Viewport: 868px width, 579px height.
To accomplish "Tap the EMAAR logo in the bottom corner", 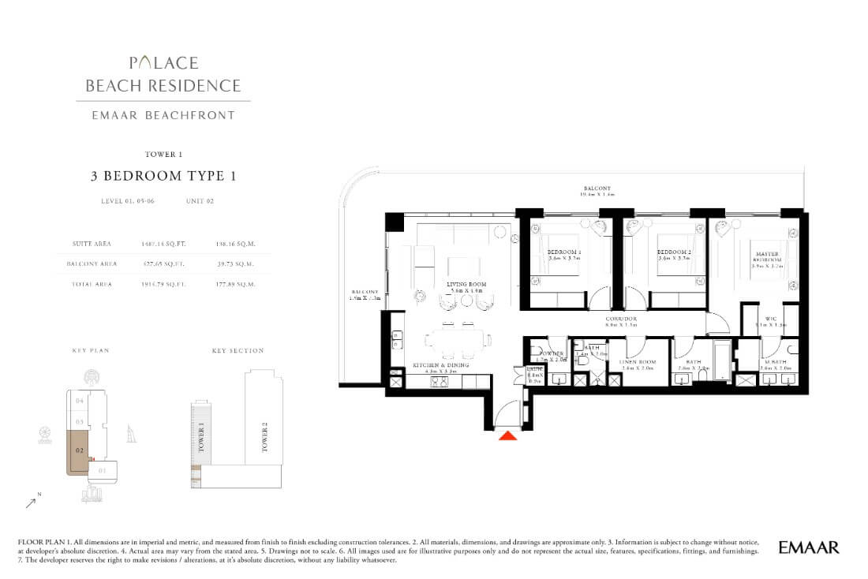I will [808, 547].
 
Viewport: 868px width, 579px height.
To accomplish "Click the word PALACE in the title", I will [164, 63].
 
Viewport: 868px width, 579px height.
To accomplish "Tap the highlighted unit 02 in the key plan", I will [80, 450].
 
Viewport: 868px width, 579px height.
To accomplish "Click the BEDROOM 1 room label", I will [564, 252].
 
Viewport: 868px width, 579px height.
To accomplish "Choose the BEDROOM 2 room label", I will [674, 252].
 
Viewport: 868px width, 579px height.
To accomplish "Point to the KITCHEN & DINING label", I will [441, 365].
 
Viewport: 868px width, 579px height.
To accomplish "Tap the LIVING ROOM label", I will [466, 284].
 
